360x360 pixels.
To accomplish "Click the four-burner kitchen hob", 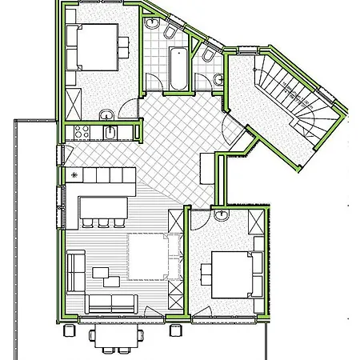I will [81, 131].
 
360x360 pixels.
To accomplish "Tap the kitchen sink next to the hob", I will [110, 132].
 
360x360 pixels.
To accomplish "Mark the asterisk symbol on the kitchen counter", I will [75, 174].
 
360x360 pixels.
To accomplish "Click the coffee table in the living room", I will [106, 274].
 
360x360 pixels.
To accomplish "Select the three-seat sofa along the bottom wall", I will [112, 303].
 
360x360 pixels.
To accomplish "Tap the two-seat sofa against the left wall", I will [76, 270].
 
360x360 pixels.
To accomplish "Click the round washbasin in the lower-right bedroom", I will [222, 216].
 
